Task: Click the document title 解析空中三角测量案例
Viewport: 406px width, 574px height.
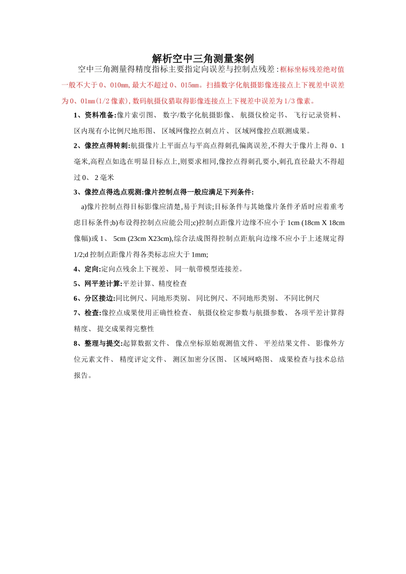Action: pos(203,59)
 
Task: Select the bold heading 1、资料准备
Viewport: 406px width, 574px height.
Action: pos(95,115)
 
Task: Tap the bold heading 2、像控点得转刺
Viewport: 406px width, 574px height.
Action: pos(102,146)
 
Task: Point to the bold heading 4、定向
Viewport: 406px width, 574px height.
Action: pos(87,269)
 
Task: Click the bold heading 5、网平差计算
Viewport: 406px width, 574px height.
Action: pos(98,284)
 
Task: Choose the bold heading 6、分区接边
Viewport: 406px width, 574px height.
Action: pos(94,299)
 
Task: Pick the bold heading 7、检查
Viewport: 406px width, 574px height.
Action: pos(87,313)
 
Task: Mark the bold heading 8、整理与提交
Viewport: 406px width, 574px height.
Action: pos(98,343)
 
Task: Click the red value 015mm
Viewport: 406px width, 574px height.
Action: pos(190,85)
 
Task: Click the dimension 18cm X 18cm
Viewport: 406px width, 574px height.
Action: pos(324,223)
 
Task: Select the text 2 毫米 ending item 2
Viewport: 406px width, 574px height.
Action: pos(104,178)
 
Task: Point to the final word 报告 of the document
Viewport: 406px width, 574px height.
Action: pos(81,375)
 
